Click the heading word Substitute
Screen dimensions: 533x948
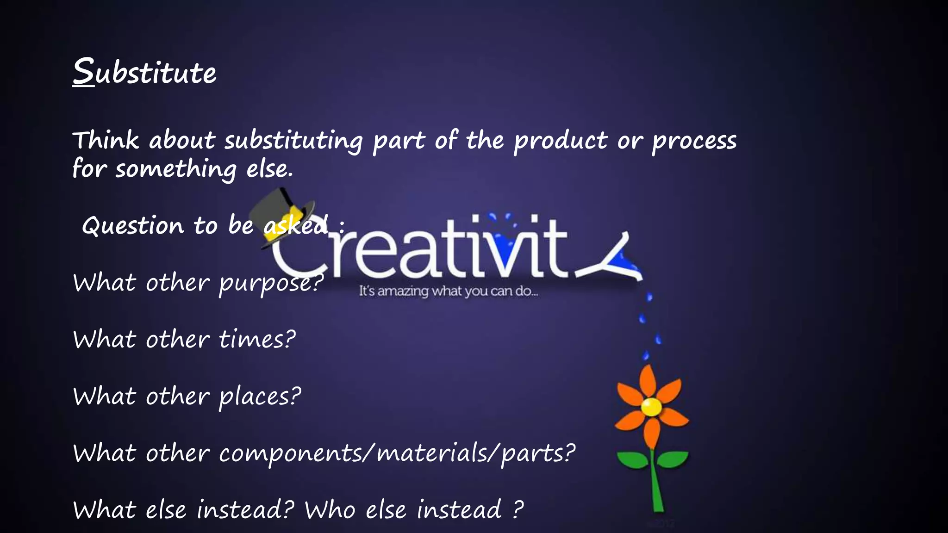(144, 72)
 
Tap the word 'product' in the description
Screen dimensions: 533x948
(560, 141)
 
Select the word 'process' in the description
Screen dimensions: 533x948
(694, 141)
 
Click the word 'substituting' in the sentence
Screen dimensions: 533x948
(294, 141)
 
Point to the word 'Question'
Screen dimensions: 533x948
(133, 226)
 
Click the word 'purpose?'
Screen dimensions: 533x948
(271, 283)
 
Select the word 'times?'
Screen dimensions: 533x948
(257, 340)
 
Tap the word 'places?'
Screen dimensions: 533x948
(260, 397)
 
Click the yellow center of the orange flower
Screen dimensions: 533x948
(651, 407)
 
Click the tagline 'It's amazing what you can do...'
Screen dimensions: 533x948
(448, 291)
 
